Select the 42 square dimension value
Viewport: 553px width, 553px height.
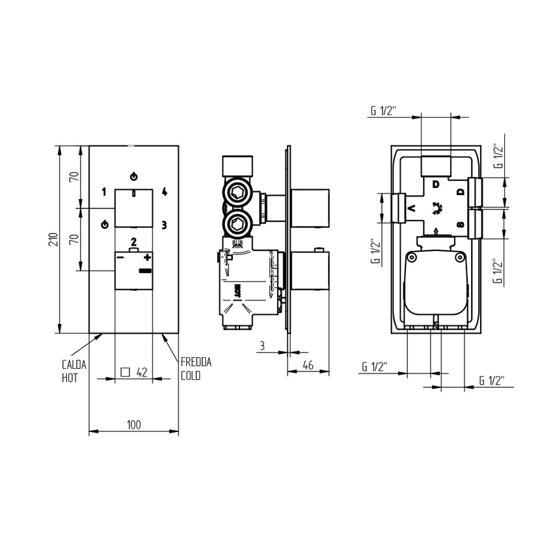point(142,372)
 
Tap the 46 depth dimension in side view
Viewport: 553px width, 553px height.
point(308,366)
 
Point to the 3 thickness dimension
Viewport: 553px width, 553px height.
point(262,346)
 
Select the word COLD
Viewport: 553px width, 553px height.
point(191,376)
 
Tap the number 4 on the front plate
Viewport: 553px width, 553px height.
point(165,191)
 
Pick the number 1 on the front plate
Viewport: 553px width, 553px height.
point(103,191)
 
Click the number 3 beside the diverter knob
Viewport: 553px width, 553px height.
point(164,225)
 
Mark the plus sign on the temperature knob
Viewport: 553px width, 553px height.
point(147,258)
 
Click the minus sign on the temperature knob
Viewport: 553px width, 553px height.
point(120,258)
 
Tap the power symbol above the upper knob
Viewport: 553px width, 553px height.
point(134,176)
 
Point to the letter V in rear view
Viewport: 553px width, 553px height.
point(411,209)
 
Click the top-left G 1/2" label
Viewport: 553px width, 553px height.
point(383,111)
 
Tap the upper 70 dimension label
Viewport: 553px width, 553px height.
point(74,176)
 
